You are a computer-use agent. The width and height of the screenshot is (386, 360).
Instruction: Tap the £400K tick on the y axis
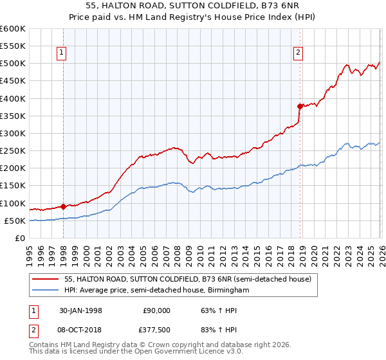click(x=13, y=98)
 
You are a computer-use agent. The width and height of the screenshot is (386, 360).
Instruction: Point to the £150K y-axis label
click(x=13, y=186)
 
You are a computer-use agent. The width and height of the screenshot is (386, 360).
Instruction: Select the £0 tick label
click(x=19, y=238)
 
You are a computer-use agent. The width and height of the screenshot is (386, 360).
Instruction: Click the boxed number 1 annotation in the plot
click(x=62, y=53)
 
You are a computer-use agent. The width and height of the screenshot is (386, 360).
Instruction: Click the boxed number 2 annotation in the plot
click(x=299, y=53)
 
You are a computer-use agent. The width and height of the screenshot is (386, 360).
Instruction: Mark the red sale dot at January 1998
click(x=63, y=206)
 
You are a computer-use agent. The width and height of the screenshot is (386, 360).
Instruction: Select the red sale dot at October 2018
click(x=300, y=106)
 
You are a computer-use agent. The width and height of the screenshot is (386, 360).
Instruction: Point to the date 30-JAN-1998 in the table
click(x=80, y=310)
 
